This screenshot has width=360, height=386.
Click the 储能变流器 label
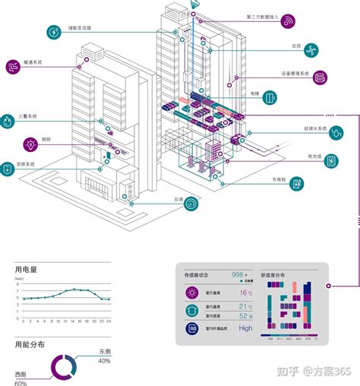tap(79, 28)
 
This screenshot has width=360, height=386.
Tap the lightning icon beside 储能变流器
tap(54, 33)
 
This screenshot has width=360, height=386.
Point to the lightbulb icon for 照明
tap(31, 142)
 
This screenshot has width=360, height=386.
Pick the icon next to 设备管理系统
tap(321, 78)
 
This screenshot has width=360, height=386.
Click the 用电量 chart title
tap(26, 270)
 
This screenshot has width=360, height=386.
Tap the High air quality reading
tap(245, 328)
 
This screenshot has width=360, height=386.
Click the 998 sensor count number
tap(238, 274)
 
